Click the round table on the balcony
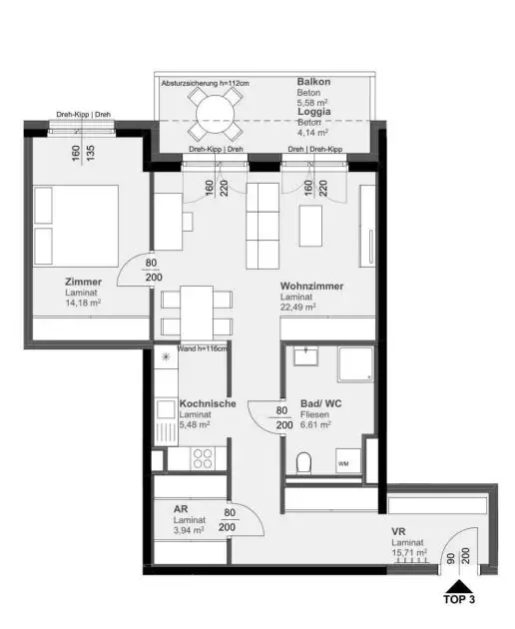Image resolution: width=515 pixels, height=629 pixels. pos(217,113)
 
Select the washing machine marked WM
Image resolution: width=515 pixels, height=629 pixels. pos(344,463)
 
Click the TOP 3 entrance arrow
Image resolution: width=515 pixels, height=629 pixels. pos(458,590)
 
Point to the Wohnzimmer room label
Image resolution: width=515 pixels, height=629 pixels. pos(311,287)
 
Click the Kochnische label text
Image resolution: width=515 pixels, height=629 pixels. pos(207,403)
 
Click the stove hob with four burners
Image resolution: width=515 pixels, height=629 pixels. pos(203,458)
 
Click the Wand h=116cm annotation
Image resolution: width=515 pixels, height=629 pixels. pos(203,348)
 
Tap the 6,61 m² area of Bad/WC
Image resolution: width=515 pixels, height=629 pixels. pos(315,424)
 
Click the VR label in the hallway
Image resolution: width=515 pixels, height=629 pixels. pos(397,531)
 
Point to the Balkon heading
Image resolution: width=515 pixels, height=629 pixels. pos(313,81)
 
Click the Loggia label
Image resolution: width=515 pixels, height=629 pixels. pos(314,113)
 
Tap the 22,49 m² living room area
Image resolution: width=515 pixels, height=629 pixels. pos(298,309)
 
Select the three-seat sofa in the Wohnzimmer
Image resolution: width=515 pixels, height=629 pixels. pos(263,225)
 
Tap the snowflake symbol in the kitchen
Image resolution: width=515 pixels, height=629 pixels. pos(166,355)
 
